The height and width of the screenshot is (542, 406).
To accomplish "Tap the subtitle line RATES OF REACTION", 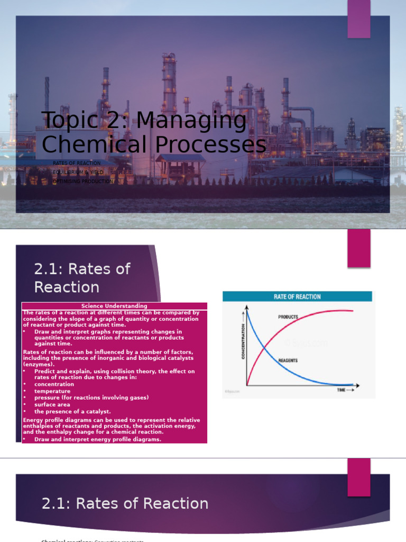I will coord(77,163).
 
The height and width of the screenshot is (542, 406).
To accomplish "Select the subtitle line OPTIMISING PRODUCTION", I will coord(83,181).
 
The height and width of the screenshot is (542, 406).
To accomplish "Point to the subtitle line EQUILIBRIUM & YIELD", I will coord(78,172).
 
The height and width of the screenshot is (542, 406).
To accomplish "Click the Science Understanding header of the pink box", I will coord(114,306).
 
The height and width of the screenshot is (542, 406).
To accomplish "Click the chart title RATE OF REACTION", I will coord(297,297).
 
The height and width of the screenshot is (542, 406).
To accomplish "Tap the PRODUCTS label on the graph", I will coord(288,317).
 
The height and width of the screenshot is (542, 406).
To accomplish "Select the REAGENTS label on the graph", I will coord(288,360).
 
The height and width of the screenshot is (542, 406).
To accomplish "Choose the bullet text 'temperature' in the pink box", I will coord(52,391).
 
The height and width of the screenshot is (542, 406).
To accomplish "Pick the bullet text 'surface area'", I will coord(52,404).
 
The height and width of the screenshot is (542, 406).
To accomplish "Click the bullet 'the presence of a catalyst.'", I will coord(72,411).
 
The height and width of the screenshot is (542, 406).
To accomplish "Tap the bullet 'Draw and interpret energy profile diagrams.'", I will coord(98,439).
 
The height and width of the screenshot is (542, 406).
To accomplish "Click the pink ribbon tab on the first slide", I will coord(359,19).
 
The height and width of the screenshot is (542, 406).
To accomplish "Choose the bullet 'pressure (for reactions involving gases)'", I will coord(91,398).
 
